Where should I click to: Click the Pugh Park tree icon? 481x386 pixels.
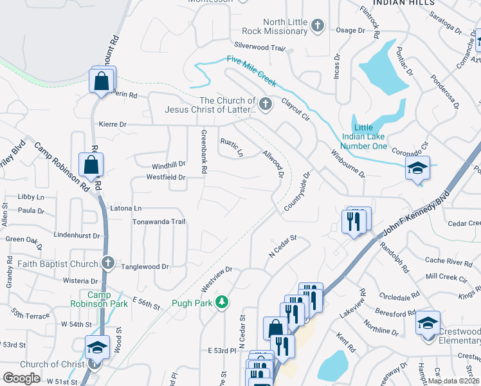click(222, 302)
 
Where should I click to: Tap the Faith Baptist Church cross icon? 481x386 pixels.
click(108, 263)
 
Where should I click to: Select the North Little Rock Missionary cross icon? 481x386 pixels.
click(316, 26)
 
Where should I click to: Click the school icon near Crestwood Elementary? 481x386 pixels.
click(428, 322)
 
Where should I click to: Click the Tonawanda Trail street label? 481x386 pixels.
click(158, 222)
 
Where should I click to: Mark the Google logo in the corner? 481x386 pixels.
click(21, 378)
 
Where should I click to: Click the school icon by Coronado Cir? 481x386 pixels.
click(417, 169)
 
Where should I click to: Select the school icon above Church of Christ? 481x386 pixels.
click(97, 347)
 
